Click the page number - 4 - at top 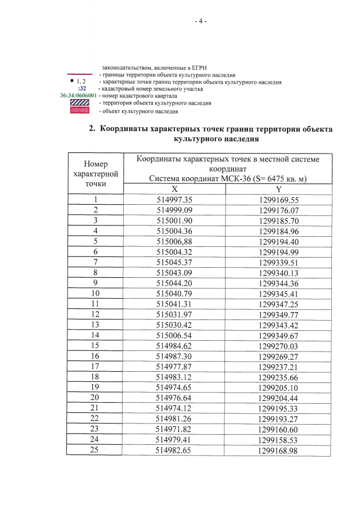[201, 21]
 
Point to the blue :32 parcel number [82, 89]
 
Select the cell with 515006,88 [174, 241]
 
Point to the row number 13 [96, 323]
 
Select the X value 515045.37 [174, 262]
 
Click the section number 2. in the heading [93, 128]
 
